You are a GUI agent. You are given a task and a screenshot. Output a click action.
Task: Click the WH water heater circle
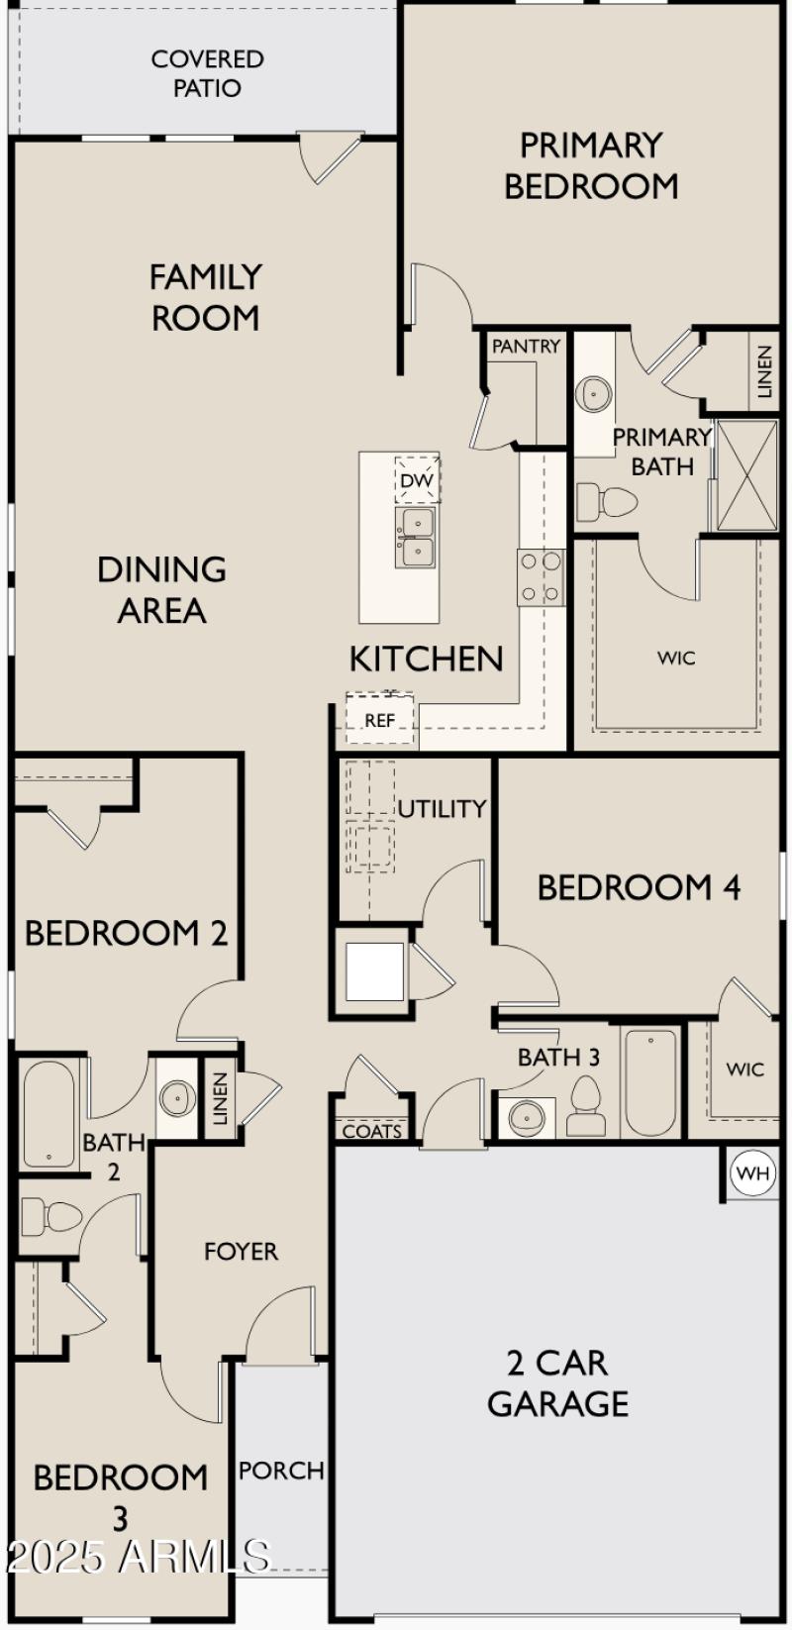(x=753, y=1174)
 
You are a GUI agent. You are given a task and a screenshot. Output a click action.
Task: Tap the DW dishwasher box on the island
(x=417, y=481)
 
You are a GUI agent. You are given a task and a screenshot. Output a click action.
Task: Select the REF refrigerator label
(x=379, y=721)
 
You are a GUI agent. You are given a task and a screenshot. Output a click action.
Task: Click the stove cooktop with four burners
(x=541, y=577)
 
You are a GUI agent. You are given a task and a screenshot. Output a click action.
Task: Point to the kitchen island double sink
(x=417, y=538)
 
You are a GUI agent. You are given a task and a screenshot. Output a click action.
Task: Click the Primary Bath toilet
(x=605, y=500)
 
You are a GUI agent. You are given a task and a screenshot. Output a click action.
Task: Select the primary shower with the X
(x=746, y=475)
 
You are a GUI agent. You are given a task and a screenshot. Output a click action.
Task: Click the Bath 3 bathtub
(x=650, y=1081)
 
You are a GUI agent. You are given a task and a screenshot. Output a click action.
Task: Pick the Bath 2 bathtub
(x=49, y=1115)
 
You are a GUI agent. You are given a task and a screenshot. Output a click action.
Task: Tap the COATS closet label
(x=372, y=1131)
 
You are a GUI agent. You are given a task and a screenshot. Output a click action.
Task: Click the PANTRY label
(x=526, y=347)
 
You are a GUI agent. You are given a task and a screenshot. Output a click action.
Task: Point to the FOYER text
(x=241, y=1252)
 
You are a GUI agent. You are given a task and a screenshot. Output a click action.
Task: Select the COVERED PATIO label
(x=207, y=73)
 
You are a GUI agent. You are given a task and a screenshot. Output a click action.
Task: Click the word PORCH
(x=281, y=1471)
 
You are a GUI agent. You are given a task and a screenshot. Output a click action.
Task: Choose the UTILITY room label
(x=442, y=809)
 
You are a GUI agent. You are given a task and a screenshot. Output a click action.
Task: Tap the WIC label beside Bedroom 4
(x=744, y=1070)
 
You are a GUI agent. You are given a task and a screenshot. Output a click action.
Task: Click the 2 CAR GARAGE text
(x=557, y=1383)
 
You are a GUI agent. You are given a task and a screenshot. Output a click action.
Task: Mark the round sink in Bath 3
(x=526, y=1118)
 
